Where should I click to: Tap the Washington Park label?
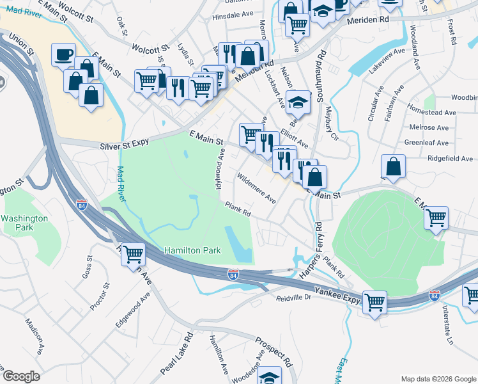pyautogui.click(x=24, y=223)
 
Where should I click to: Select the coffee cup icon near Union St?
pyautogui.click(x=63, y=55)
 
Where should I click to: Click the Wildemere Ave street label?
pyautogui.click(x=256, y=188)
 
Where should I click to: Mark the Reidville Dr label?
pyautogui.click(x=293, y=298)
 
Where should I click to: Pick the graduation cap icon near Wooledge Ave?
pyautogui.click(x=270, y=376)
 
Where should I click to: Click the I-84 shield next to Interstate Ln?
pyautogui.click(x=435, y=295)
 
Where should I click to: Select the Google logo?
pyautogui.click(x=22, y=376)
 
